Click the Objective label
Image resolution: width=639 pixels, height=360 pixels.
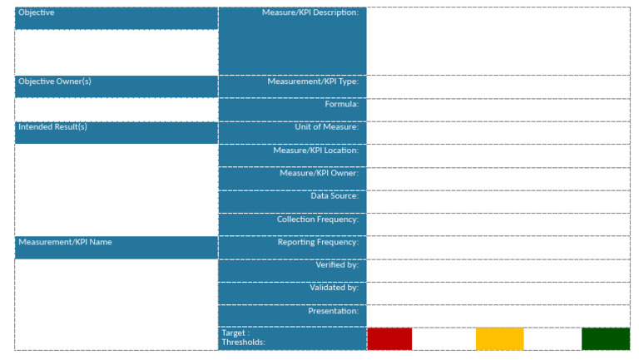(37, 13)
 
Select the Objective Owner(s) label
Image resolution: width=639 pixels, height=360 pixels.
(55, 81)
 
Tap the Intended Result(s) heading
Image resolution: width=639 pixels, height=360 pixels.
(52, 127)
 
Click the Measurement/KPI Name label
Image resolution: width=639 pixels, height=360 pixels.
(65, 242)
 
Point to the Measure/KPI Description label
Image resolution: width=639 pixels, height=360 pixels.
(310, 13)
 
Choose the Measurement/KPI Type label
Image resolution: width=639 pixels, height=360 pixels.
(312, 81)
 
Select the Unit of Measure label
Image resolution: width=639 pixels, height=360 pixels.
(326, 127)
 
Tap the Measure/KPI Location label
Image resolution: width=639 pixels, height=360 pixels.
(315, 150)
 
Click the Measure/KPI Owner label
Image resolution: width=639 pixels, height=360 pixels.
(319, 173)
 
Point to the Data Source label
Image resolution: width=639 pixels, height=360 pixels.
(334, 196)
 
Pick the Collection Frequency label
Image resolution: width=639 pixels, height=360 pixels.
(317, 219)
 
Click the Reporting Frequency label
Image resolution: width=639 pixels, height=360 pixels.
(318, 242)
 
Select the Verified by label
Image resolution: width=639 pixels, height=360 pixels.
(336, 264)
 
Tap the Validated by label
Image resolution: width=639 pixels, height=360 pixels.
(334, 288)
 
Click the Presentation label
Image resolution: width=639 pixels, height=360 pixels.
(333, 311)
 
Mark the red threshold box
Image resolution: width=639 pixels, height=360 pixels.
(389, 338)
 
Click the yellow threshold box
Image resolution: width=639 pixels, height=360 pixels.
(499, 338)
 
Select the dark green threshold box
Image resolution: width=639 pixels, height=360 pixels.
(605, 338)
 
